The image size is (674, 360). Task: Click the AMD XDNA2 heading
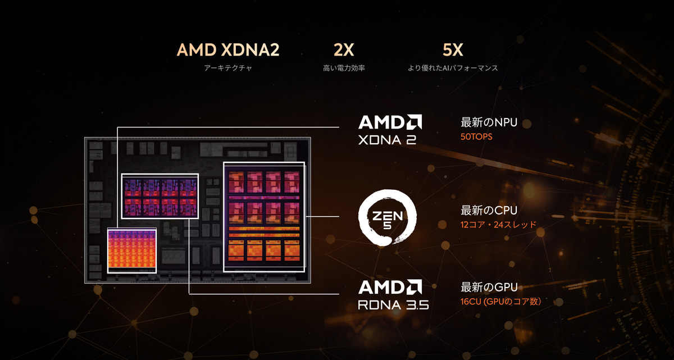tap(228, 50)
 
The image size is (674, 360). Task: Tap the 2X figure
tap(344, 50)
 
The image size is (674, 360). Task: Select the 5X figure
tap(453, 50)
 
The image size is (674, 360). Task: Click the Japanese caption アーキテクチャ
tap(228, 68)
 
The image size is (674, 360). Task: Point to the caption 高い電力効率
tap(344, 68)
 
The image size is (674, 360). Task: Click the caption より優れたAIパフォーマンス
tap(453, 68)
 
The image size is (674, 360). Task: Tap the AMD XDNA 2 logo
tap(390, 130)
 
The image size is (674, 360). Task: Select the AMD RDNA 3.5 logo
tap(393, 295)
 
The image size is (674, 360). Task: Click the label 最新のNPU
tap(489, 122)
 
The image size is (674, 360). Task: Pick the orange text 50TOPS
tap(476, 137)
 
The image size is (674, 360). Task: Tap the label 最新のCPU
tap(489, 211)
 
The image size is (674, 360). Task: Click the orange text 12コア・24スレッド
tap(499, 225)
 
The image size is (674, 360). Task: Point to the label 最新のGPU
tap(489, 287)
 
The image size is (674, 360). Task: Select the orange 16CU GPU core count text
tap(500, 302)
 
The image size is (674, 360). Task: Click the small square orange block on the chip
tap(132, 251)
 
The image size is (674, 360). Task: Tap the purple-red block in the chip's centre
tap(160, 196)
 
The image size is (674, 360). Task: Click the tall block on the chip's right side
tap(264, 217)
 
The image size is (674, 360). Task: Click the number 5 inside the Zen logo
tap(388, 225)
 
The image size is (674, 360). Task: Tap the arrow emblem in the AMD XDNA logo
tap(415, 122)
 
